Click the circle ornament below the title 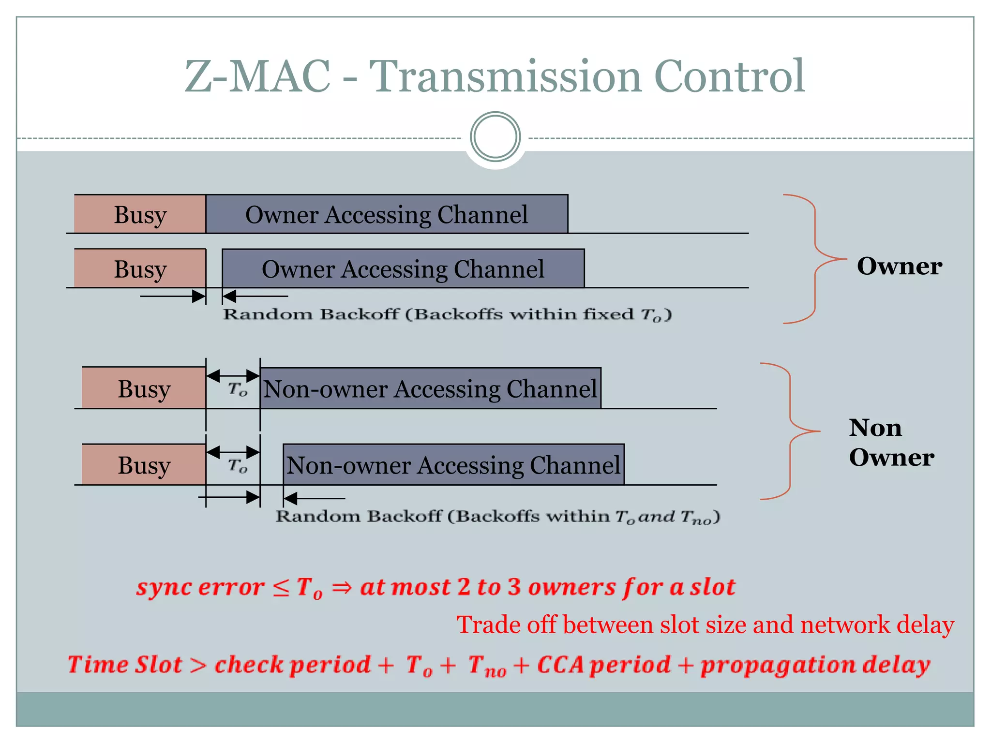pyautogui.click(x=495, y=137)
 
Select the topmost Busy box pyautogui.click(x=140, y=214)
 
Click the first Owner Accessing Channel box pyautogui.click(x=387, y=214)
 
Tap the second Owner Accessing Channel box pyautogui.click(x=403, y=268)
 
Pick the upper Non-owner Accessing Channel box pyautogui.click(x=430, y=388)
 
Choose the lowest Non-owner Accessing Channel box pyautogui.click(x=453, y=465)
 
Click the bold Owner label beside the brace pyautogui.click(x=899, y=266)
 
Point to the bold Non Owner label pyautogui.click(x=891, y=442)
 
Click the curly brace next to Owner pyautogui.click(x=816, y=259)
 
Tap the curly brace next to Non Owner pyautogui.click(x=791, y=431)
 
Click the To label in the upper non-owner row pyautogui.click(x=237, y=389)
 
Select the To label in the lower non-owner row pyautogui.click(x=237, y=465)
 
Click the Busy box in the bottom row pyautogui.click(x=144, y=465)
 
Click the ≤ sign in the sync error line pyautogui.click(x=281, y=588)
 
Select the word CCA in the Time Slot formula pyautogui.click(x=560, y=665)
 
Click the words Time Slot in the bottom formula pyautogui.click(x=125, y=665)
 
